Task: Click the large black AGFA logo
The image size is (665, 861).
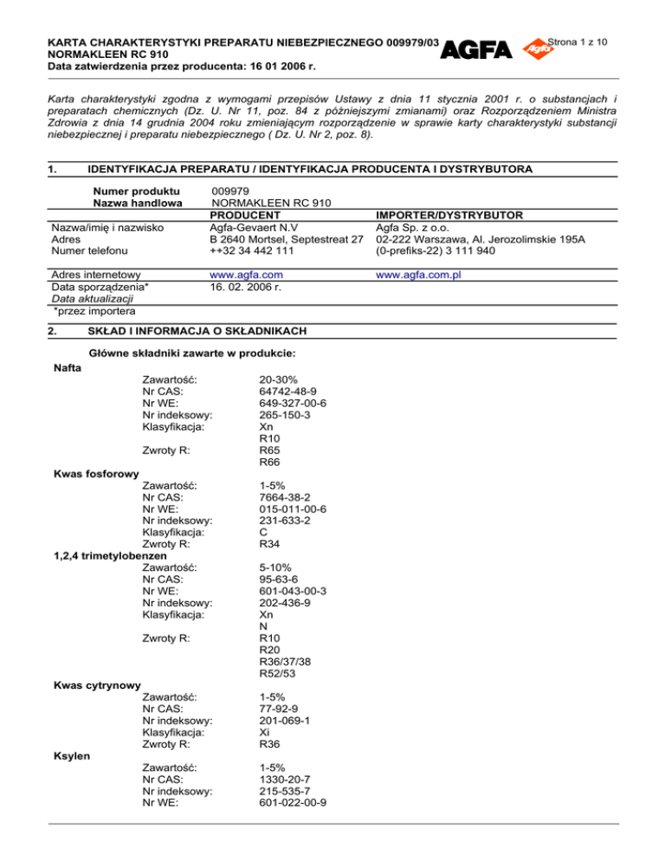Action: (x=476, y=50)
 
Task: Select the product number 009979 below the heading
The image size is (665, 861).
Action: (x=230, y=189)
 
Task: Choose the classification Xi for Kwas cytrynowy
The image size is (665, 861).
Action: (x=265, y=732)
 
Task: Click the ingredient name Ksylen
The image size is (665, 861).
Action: (x=72, y=755)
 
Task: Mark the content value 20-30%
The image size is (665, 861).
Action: (x=280, y=379)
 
